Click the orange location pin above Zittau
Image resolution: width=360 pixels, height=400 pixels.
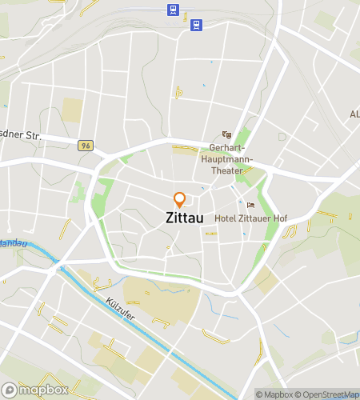tap(180, 199)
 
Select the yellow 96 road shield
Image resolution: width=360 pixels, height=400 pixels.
tap(86, 146)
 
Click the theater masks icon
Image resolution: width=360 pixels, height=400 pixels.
tap(226, 135)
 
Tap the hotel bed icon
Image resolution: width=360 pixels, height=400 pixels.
tap(250, 205)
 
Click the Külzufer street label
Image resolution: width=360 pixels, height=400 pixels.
tap(119, 308)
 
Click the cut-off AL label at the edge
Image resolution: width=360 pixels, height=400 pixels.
tap(354, 115)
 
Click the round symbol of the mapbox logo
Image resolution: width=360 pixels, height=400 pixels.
tap(10, 391)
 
